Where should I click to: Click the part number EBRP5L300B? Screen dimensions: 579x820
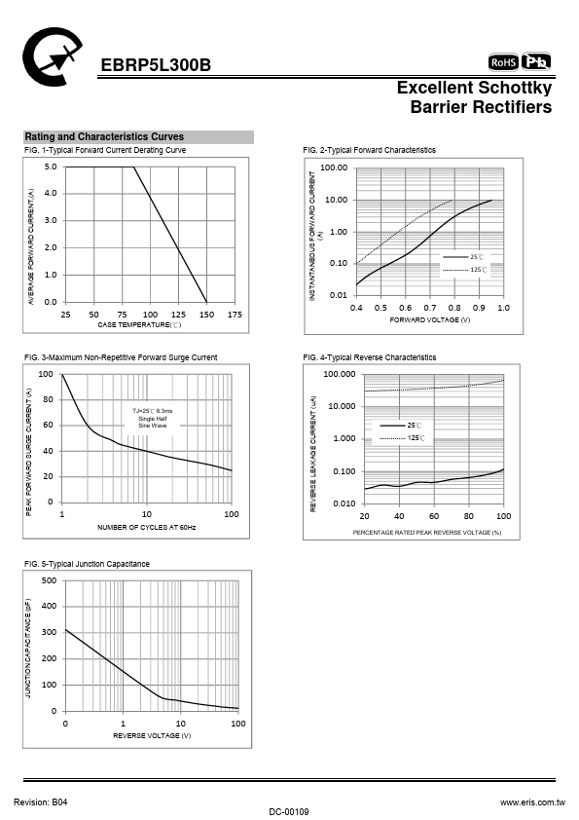pyautogui.click(x=156, y=65)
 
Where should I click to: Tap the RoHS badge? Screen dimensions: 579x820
pyautogui.click(x=503, y=62)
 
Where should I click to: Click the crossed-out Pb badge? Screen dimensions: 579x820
pyautogui.click(x=536, y=61)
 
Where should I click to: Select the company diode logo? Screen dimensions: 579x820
pyautogui.click(x=52, y=56)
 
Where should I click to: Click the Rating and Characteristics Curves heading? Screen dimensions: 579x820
pyautogui.click(x=104, y=137)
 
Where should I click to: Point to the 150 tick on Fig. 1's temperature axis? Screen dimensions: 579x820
pyautogui.click(x=206, y=315)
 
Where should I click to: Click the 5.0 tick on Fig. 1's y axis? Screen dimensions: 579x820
pyautogui.click(x=51, y=167)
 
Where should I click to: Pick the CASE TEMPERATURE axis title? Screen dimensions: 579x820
pyautogui.click(x=139, y=324)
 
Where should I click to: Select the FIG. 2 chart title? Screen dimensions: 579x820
pyautogui.click(x=369, y=150)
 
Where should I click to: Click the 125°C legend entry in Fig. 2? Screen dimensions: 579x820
pyautogui.click(x=464, y=270)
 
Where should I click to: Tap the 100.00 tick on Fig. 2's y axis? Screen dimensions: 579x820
pyautogui.click(x=334, y=168)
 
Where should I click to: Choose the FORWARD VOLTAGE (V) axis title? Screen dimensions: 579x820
pyautogui.click(x=429, y=319)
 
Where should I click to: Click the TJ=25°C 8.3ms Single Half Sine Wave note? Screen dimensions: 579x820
pyautogui.click(x=152, y=419)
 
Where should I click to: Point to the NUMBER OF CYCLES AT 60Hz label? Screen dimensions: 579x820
pyautogui.click(x=146, y=527)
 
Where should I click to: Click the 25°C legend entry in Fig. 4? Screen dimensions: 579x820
pyautogui.click(x=400, y=426)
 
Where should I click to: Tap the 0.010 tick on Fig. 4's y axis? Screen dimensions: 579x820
pyautogui.click(x=344, y=503)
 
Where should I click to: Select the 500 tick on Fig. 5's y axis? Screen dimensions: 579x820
pyautogui.click(x=49, y=580)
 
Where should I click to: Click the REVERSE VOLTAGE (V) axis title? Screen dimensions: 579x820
pyautogui.click(x=152, y=735)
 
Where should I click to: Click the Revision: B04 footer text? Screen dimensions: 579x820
pyautogui.click(x=41, y=802)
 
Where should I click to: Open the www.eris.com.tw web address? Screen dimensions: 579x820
pyautogui.click(x=532, y=802)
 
